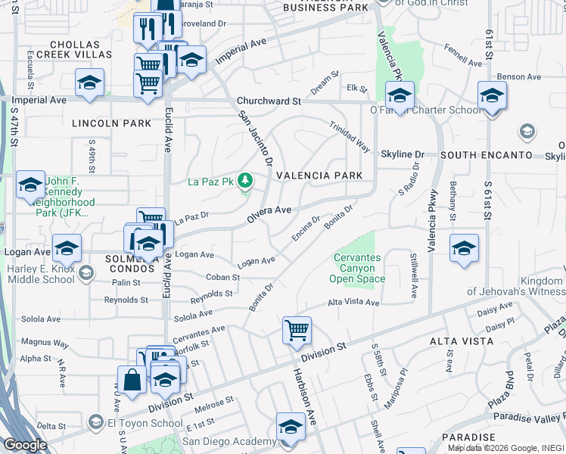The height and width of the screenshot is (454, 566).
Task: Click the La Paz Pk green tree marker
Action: [x=244, y=180]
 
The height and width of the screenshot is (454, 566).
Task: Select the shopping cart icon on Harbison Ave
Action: [x=297, y=330]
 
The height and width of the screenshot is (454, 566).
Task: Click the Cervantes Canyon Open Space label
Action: [x=357, y=269]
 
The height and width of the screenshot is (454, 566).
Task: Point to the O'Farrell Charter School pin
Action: [x=399, y=95]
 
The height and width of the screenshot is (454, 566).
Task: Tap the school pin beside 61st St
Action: [x=492, y=96]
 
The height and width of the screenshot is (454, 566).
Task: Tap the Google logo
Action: [x=24, y=445]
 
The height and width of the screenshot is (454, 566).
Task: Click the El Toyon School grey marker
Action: [x=95, y=421]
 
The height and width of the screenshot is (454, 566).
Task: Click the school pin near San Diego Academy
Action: [x=291, y=427]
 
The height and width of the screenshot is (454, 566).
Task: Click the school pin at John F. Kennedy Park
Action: [x=30, y=184]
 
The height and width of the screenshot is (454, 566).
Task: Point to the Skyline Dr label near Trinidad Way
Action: [x=403, y=154]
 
